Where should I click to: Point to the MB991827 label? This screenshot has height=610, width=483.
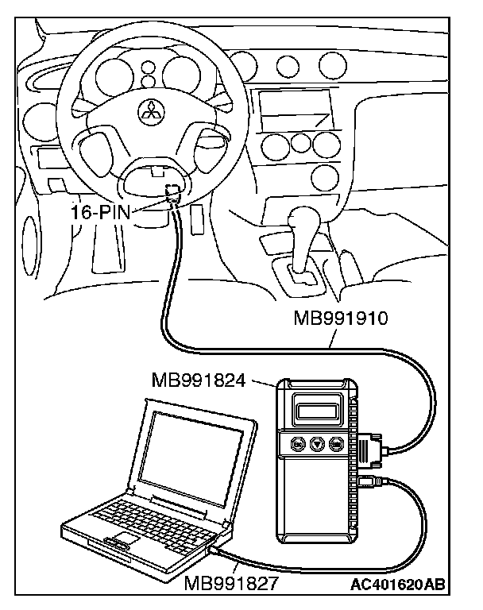231,585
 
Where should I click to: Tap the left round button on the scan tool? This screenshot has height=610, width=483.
299,445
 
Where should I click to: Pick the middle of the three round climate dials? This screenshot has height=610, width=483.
300,142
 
